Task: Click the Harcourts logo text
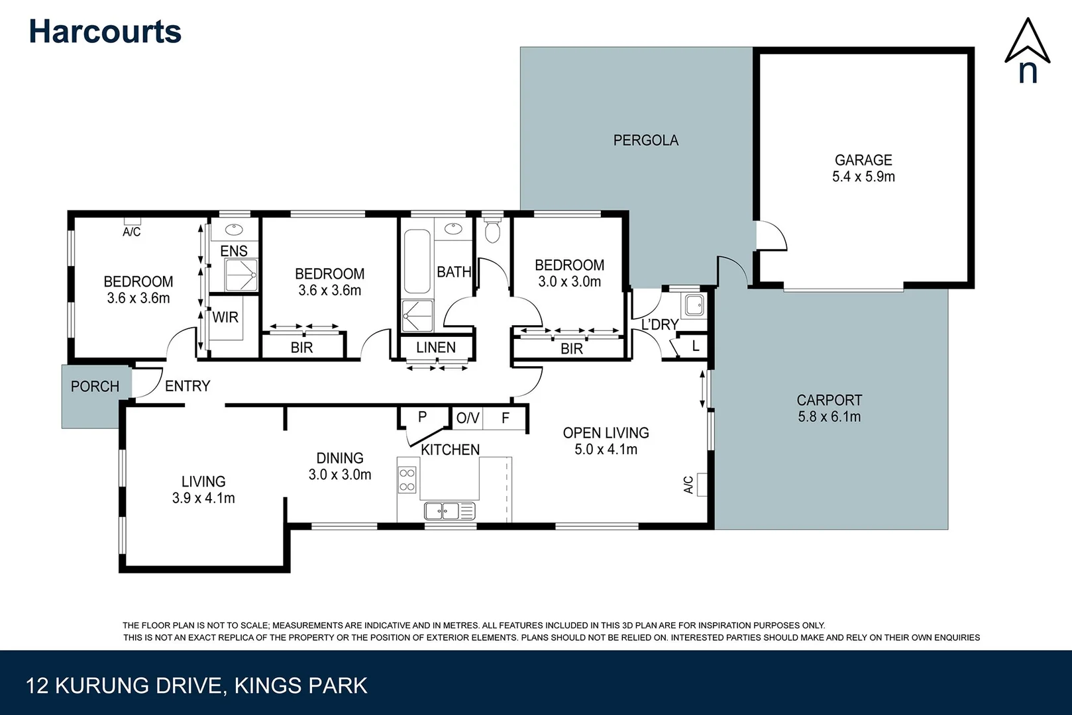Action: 105,32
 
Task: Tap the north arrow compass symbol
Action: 1027,50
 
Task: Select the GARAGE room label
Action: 863,160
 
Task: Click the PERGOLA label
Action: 645,140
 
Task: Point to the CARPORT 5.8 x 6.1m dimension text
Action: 829,417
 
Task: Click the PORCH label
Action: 95,387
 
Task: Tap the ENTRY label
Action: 187,386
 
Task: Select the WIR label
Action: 225,318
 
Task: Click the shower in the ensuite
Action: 241,275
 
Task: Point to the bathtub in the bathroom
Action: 417,261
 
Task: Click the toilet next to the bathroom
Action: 492,230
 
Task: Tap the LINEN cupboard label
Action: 435,348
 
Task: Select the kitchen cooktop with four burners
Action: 407,480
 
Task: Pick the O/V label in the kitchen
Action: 467,418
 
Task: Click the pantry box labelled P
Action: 422,417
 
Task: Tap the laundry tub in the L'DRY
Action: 694,305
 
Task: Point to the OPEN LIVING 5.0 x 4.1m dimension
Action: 606,450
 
